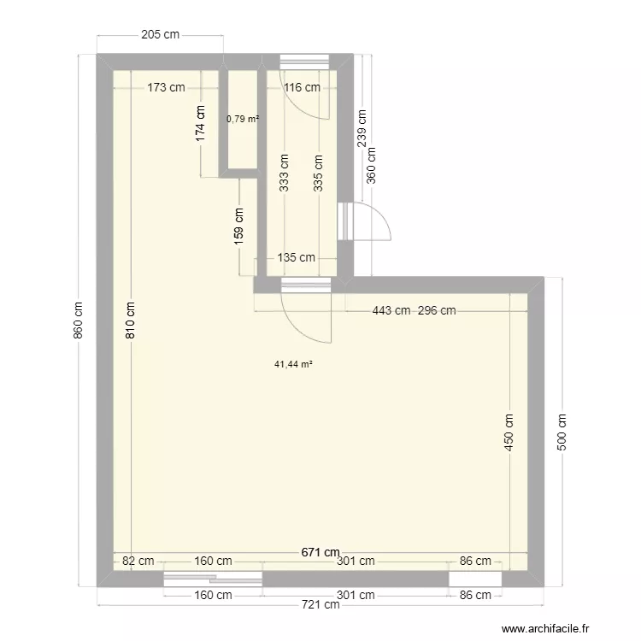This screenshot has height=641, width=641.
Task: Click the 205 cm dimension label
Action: coord(161,35)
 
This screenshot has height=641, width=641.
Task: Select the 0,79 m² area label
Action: coord(242,119)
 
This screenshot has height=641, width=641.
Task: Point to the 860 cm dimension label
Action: coord(79,320)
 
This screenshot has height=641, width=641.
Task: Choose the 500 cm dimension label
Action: coord(562,432)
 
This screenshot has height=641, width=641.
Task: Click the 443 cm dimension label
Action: coord(390,311)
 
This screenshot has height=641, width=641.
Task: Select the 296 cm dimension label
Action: coord(436,311)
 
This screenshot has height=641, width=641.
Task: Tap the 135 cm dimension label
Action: coord(296,257)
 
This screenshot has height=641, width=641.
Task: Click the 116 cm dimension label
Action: coord(302,86)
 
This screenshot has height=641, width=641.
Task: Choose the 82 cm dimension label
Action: coord(138,561)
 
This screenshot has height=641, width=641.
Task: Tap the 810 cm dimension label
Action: coord(131,321)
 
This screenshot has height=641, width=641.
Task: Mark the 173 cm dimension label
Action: coord(166,86)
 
